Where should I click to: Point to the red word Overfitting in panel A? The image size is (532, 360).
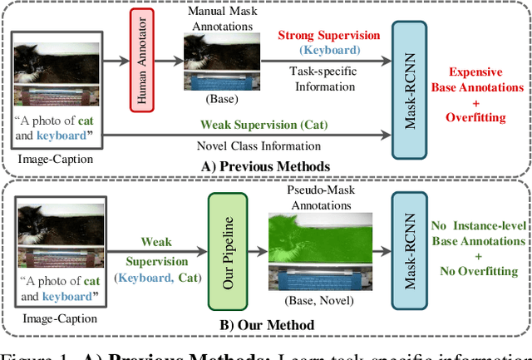coord(476,118)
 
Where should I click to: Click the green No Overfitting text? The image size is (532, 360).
coord(477,270)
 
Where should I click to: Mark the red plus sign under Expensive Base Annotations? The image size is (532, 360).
coord(476,102)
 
